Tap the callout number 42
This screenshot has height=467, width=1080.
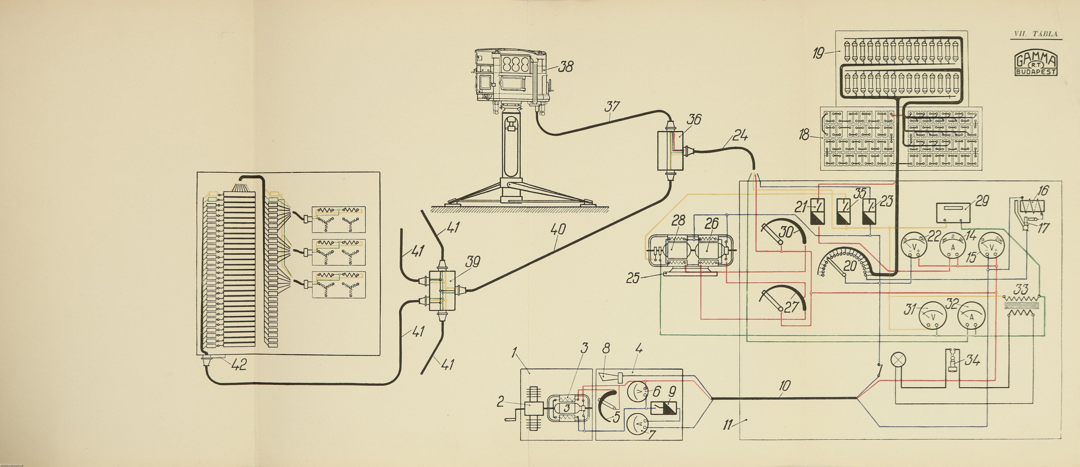[238, 364]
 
